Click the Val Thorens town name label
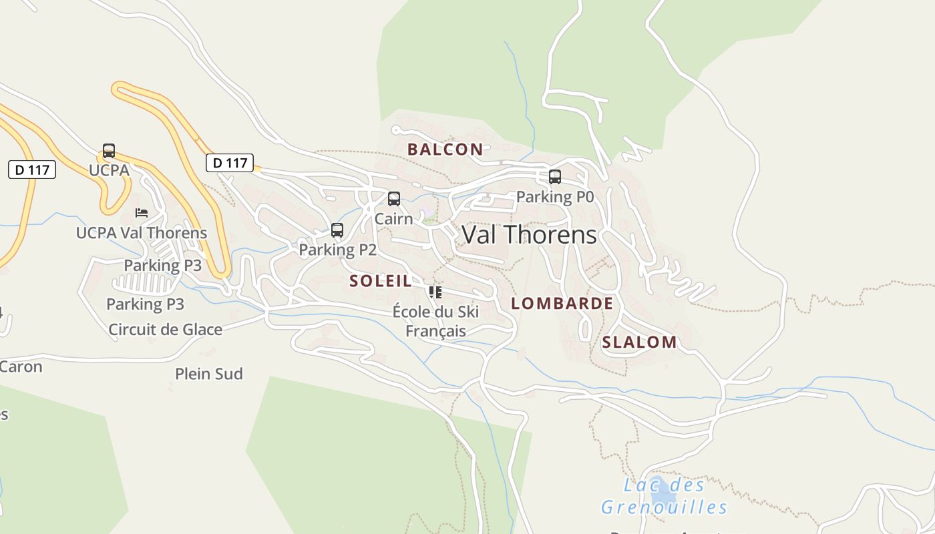point(529,234)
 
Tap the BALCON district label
point(445,150)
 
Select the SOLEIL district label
point(381,281)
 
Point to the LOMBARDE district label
point(562,304)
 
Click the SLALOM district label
point(639,342)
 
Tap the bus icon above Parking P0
point(554,177)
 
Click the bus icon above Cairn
point(394,199)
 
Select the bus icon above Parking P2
point(337,230)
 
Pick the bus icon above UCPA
point(109,151)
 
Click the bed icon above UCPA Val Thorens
point(142,213)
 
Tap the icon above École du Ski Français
point(435,292)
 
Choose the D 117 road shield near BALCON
point(229,163)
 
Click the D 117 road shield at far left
point(32,170)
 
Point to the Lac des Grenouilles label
point(664,496)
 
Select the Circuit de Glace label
point(165,329)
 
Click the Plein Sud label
point(208,374)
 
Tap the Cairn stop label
point(393,218)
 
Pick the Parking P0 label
point(554,197)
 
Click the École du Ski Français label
point(435,321)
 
